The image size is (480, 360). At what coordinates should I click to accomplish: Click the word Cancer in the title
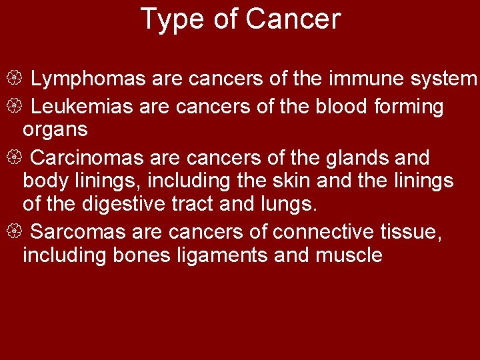[x=293, y=20]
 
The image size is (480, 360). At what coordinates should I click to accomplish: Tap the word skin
[x=303, y=181]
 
